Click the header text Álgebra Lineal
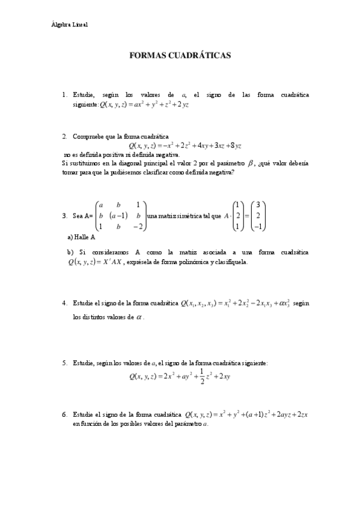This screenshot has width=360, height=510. tap(70, 25)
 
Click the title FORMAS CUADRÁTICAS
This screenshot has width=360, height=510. tap(180, 55)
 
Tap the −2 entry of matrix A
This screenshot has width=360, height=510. tap(138, 227)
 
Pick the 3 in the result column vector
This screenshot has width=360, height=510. tap(257, 204)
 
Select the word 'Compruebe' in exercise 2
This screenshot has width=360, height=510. tap(88, 137)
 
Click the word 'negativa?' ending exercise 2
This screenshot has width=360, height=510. tap(219, 172)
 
